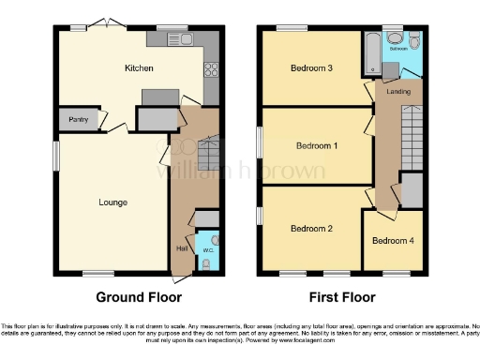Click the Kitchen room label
coord(139,68)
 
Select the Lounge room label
coord(112,202)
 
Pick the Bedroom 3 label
coord(311,67)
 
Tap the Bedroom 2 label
coord(310,228)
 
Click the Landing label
coord(399,92)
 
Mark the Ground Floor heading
coord(139,297)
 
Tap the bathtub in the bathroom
coord(373,52)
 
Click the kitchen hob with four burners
coord(211,67)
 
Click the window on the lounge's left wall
coord(54,156)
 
